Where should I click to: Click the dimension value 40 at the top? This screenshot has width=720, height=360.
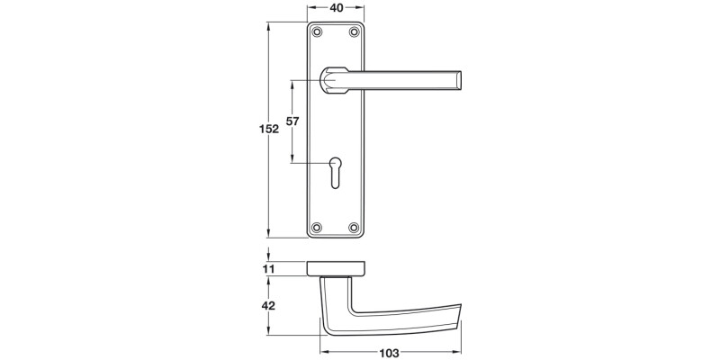tap(337, 8)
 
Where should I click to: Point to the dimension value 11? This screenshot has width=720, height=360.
tap(268, 268)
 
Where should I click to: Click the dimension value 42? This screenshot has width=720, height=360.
tap(268, 306)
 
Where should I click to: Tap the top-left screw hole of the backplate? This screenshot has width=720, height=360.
tap(318, 33)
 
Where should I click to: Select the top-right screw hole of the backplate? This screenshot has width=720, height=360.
tap(355, 33)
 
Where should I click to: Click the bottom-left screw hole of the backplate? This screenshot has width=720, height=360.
tap(318, 226)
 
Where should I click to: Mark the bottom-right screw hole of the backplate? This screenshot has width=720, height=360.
tap(355, 226)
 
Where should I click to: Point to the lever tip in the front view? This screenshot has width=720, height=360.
tap(460, 80)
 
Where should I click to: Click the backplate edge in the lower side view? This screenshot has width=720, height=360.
tap(337, 267)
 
